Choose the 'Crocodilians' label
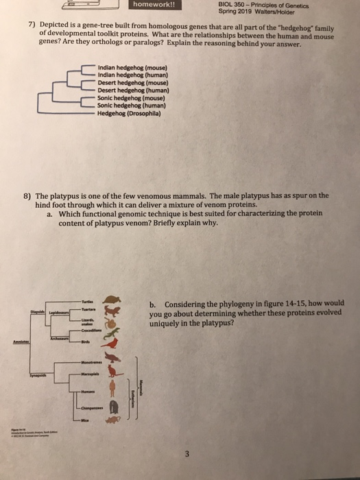point(91,329)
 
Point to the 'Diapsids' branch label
point(38,312)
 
